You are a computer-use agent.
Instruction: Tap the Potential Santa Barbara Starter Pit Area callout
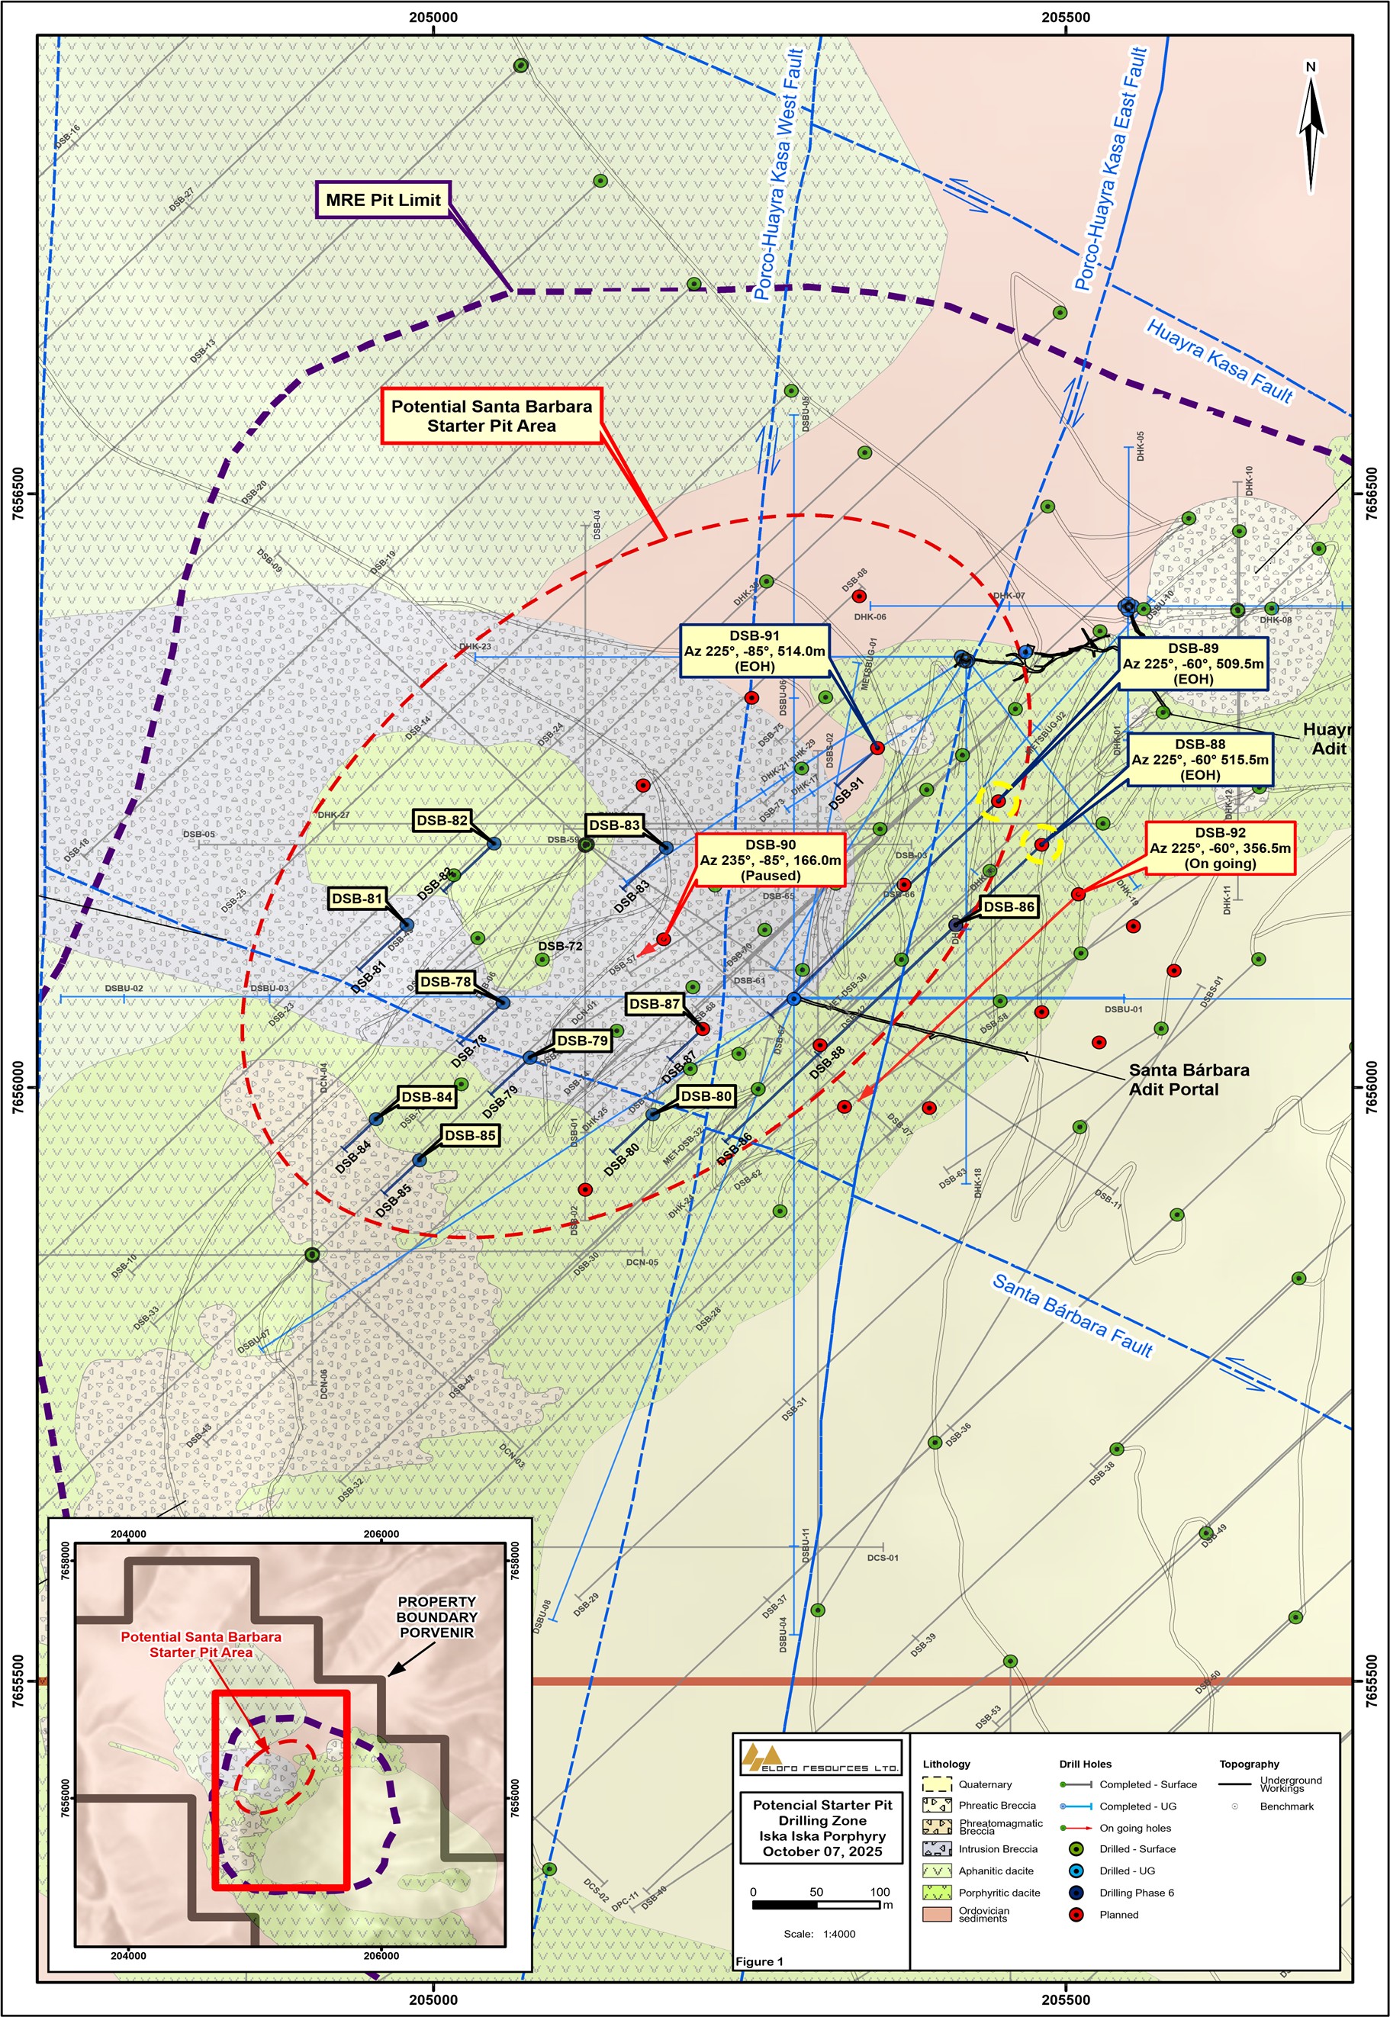tap(491, 416)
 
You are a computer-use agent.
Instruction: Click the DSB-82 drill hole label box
tap(442, 820)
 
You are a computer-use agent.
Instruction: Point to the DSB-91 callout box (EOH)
tap(755, 651)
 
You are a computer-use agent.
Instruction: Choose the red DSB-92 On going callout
tap(1219, 848)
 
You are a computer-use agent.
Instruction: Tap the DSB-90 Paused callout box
tap(771, 860)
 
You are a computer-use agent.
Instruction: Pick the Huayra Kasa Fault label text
tap(1218, 361)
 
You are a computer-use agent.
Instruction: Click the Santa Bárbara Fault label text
tap(1072, 1316)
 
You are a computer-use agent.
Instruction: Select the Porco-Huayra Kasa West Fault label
tap(777, 174)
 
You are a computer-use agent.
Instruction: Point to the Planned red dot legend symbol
tap(1076, 1914)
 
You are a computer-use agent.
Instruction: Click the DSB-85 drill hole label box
tap(470, 1135)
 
